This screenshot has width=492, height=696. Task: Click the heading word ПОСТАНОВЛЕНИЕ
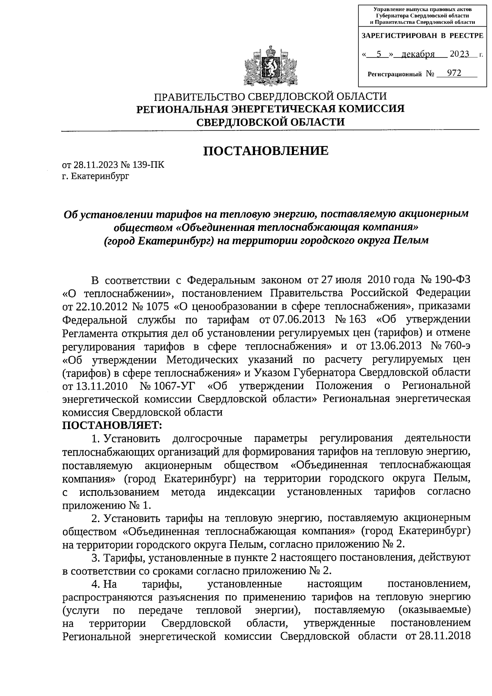tap(266, 151)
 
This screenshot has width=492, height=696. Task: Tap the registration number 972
tap(454, 73)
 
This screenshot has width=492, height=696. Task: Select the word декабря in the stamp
tap(418, 54)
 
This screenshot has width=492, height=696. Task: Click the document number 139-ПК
tap(148, 165)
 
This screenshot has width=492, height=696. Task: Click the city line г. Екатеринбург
tap(96, 176)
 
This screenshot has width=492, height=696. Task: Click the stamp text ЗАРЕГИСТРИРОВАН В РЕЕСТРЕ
tap(422, 36)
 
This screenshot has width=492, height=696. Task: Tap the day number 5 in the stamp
tap(379, 54)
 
